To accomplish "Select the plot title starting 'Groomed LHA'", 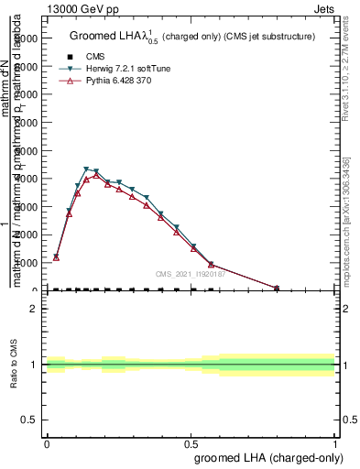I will pyautogui.click(x=191, y=37).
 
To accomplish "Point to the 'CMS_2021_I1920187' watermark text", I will pyautogui.click(x=191, y=274).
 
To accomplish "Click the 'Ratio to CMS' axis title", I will pyautogui.click(x=16, y=365).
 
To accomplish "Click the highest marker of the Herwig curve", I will pyautogui.click(x=86, y=169).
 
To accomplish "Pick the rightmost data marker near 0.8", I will pyautogui.click(x=277, y=289).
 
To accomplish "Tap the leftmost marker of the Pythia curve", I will pyautogui.click(x=56, y=257).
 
